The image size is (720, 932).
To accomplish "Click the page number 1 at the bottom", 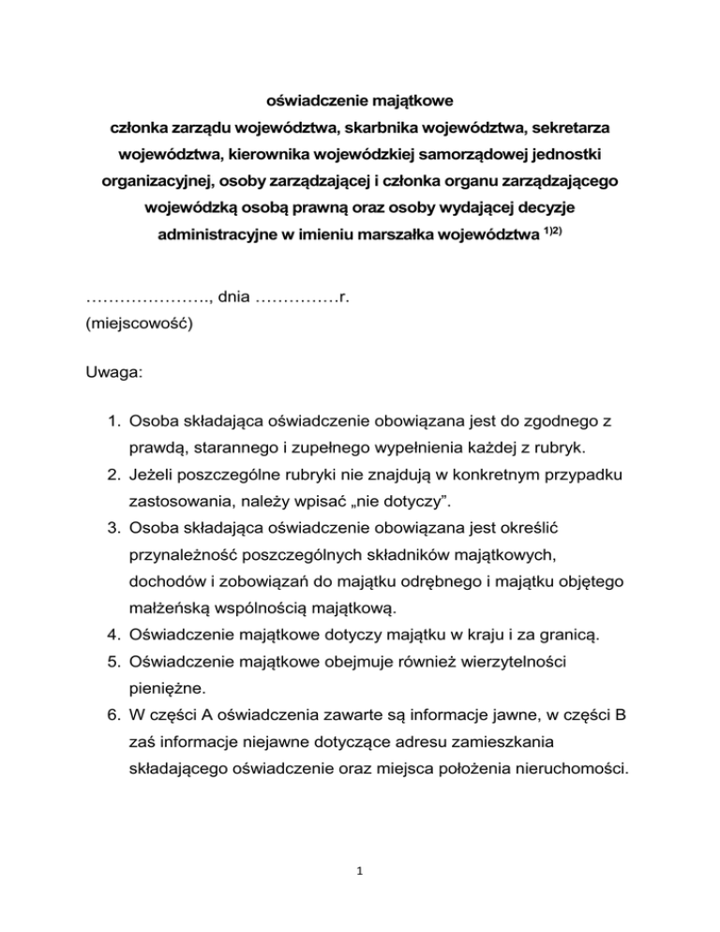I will point(360,869).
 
